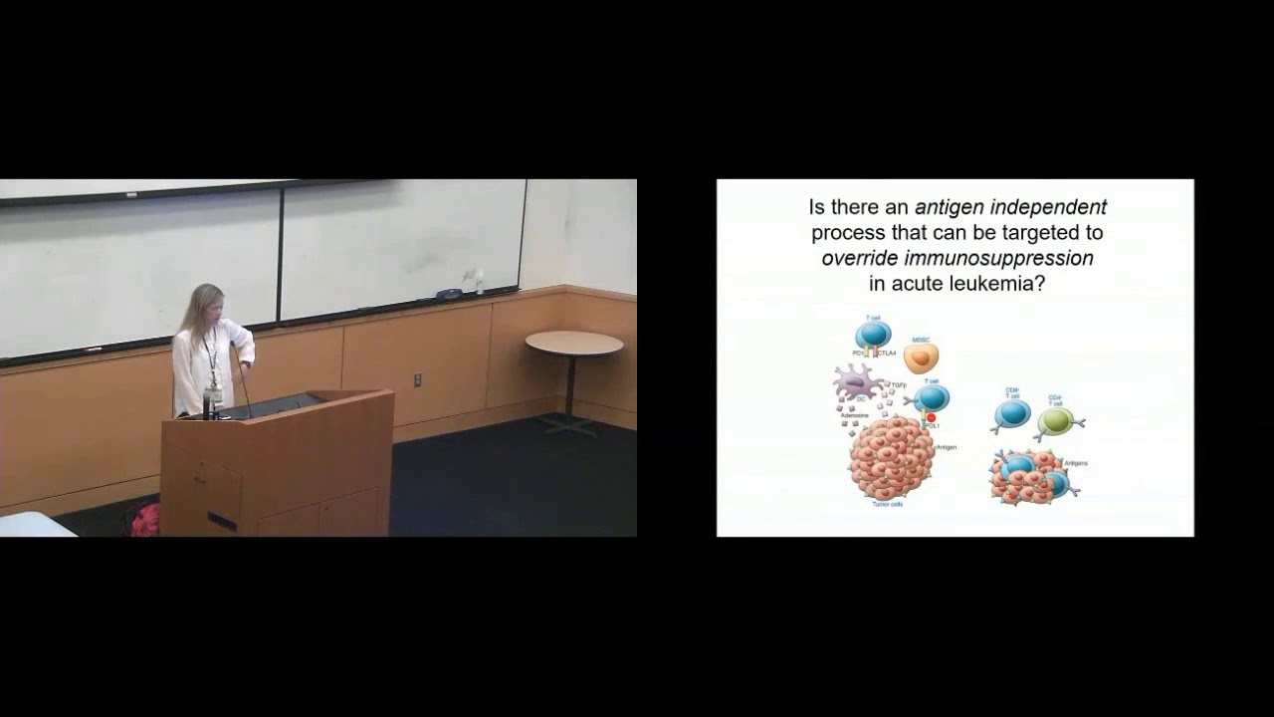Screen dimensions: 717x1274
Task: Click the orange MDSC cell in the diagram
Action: coord(921,358)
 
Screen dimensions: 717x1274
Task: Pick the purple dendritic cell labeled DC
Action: coord(858,384)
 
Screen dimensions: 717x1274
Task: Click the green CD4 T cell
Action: coord(1055,421)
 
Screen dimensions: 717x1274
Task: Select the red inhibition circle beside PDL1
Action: coord(932,417)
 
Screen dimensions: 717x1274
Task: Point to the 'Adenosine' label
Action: coord(853,415)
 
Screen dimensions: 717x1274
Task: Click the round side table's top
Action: coord(574,344)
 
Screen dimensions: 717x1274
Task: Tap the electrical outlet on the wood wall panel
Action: coord(418,379)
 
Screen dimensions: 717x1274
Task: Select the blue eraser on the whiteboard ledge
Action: coord(451,294)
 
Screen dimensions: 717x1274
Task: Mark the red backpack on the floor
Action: coord(144,520)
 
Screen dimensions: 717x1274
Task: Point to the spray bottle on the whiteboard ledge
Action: coord(479,283)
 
